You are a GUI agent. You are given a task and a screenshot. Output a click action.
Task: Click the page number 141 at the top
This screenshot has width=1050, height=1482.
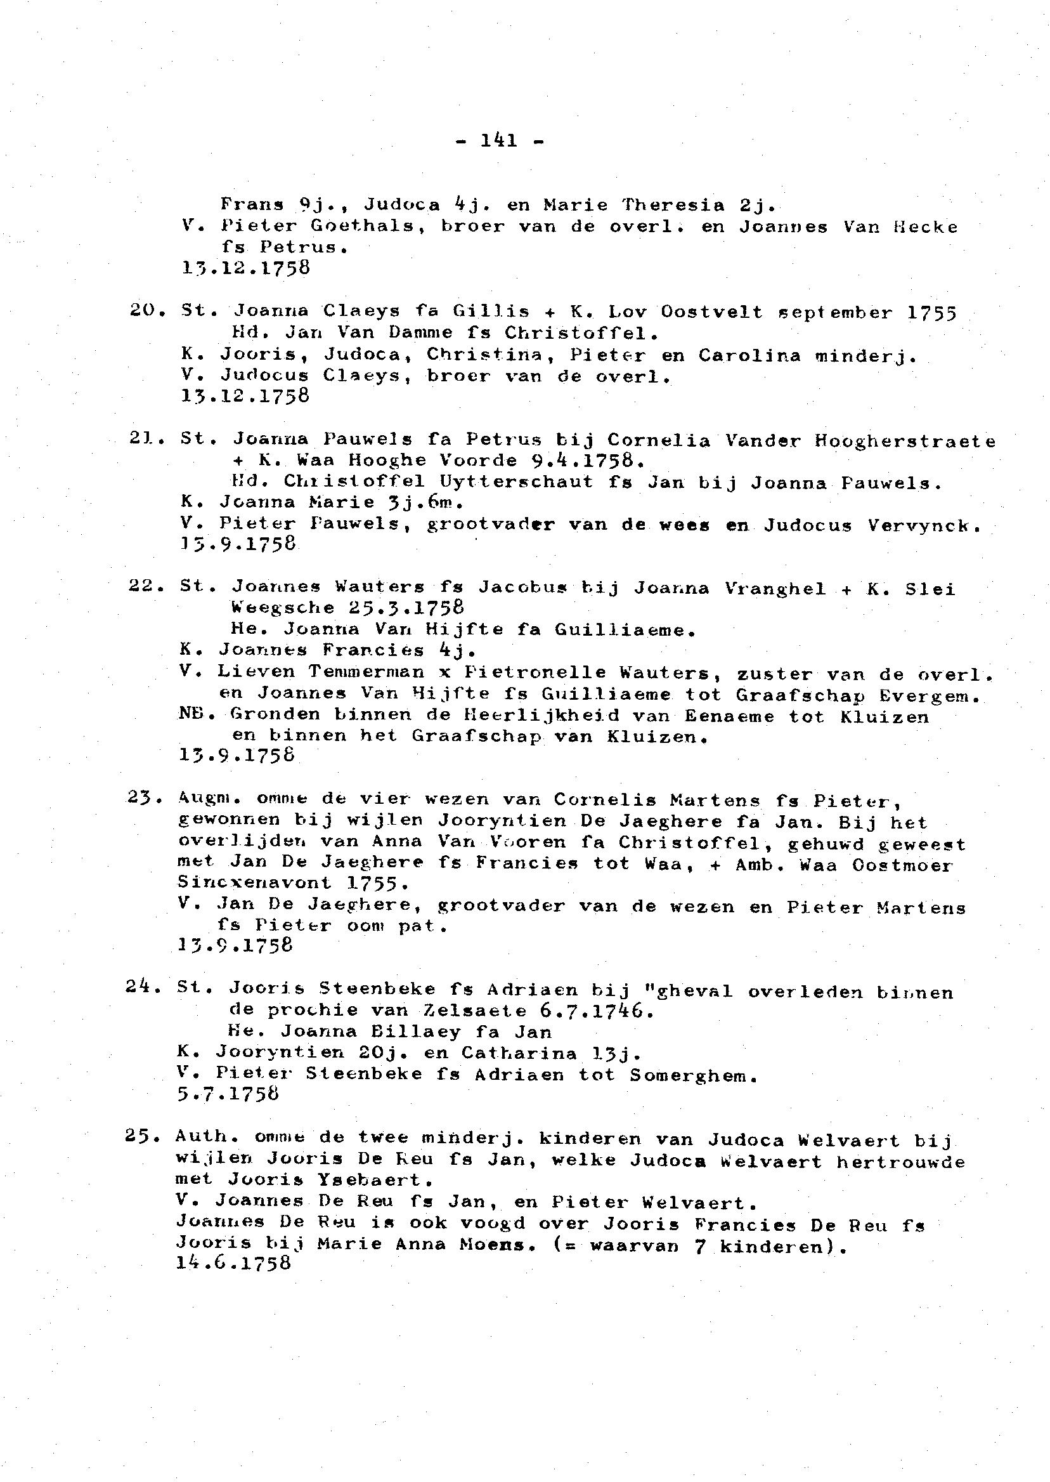499,140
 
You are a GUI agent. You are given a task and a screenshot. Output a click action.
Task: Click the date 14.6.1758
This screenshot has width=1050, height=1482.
233,1262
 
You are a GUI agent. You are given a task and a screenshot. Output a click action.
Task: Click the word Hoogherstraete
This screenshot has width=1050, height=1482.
905,442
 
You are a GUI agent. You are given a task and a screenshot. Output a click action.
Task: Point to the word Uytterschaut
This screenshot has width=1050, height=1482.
515,483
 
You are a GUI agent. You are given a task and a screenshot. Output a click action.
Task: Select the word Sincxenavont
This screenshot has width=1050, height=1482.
254,882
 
